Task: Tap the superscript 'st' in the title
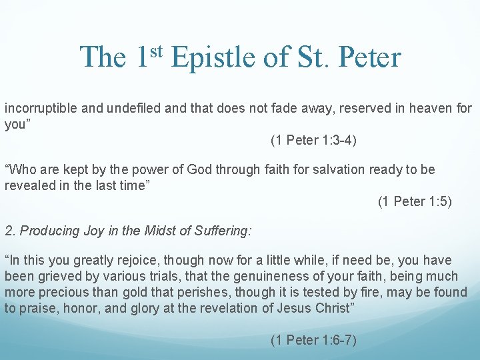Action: coord(155,50)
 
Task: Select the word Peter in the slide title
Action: coord(369,57)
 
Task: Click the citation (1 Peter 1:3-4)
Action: coord(313,140)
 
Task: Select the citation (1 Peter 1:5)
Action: coord(415,201)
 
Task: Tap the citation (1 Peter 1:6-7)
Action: coord(313,340)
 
